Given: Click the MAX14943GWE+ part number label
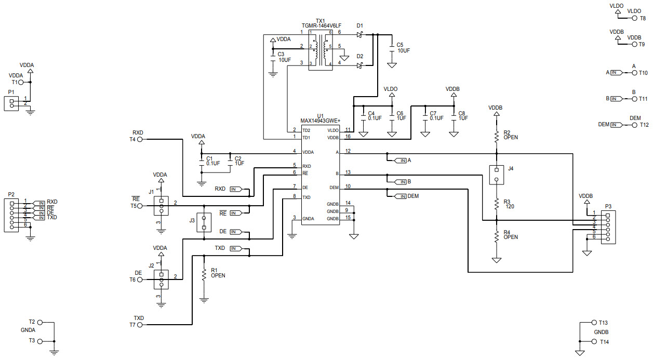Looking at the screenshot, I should (320, 121).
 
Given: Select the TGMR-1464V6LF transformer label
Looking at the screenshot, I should (322, 25).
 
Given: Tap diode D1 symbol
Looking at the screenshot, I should (359, 34).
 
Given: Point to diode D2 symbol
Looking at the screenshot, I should (359, 65).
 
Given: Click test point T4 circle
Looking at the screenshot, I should (140, 139).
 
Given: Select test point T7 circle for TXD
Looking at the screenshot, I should (140, 325).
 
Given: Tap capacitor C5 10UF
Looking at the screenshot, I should (393, 48).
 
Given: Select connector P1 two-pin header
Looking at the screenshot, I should (11, 103).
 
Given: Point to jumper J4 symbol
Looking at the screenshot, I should (497, 175).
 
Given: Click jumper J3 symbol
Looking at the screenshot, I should (204, 222).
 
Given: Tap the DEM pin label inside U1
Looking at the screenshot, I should (334, 188).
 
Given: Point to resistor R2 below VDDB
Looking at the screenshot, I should (497, 136).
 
